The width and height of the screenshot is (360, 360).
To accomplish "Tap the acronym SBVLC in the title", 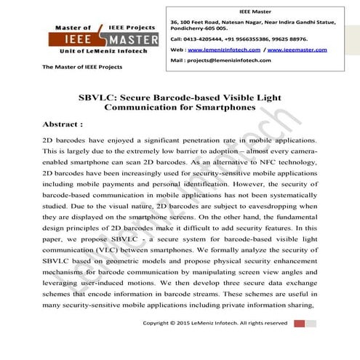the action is pyautogui.click(x=97, y=96).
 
